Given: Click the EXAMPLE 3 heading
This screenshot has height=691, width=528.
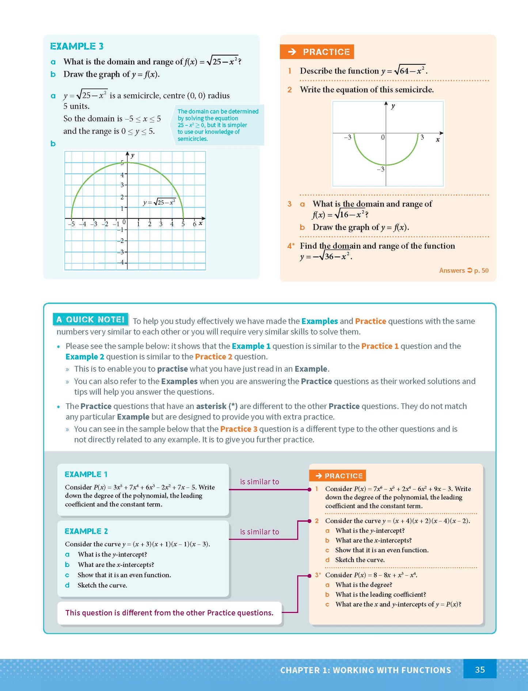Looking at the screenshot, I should coord(77,46).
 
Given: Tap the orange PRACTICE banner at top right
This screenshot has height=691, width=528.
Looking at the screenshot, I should coord(317,52).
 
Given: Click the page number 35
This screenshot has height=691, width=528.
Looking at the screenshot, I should coord(479,669).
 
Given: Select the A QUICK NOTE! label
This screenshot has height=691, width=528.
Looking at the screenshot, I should coord(91,319).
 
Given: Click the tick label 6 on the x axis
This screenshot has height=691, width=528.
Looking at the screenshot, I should coord(194,224).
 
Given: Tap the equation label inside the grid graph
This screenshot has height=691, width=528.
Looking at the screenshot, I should coord(159,202).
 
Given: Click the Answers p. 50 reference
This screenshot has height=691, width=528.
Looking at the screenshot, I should coord(463,270).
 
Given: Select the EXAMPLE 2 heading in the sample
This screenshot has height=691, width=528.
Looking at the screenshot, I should coord(86,531).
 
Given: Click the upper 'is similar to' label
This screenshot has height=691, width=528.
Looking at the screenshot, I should coord(259,482).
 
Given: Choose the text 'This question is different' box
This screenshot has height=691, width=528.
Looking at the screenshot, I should coord(169,613).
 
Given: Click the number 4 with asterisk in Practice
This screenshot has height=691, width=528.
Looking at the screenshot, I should coord(290,246).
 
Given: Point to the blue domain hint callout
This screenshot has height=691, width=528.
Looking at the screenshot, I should coord(217,125).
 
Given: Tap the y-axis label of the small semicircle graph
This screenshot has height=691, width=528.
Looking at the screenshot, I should coord(393,106).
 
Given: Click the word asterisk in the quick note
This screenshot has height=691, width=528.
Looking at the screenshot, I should coord(211,406).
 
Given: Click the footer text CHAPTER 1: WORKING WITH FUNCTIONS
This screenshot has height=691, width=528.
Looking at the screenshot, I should coord(365,670).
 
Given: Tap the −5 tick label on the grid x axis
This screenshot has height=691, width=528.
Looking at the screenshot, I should coord(71,224).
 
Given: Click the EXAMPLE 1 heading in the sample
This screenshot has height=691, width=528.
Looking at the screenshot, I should coord(86,474).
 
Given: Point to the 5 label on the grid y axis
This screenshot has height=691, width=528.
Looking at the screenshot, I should coord(122,163).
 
